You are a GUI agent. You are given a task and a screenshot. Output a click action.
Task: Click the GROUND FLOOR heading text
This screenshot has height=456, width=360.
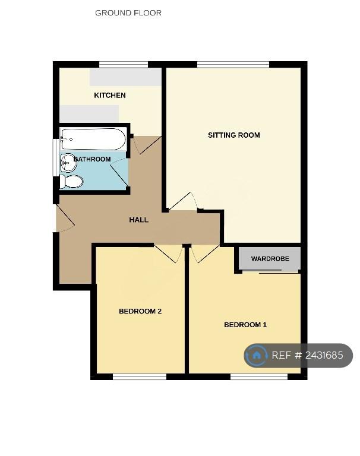coord(128,13)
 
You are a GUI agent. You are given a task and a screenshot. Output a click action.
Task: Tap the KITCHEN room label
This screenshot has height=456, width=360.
coord(110,95)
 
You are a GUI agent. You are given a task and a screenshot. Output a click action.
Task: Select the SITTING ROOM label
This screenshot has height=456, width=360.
coord(234,135)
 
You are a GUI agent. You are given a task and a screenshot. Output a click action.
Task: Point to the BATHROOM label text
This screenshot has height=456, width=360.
coord(92,159)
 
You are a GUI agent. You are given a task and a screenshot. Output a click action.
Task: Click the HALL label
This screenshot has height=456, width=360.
coord(139,220)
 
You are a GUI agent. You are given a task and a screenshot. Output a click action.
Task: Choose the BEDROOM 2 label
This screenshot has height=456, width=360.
coord(140,311)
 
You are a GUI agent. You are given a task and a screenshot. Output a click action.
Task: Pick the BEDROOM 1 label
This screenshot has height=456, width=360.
coord(245,325)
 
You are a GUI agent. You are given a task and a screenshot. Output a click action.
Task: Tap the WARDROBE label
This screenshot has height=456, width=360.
coord(270,258)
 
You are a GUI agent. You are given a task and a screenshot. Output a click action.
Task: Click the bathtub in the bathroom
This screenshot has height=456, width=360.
coord(93,140)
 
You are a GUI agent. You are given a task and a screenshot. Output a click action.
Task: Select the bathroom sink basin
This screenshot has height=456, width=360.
coord(68,163)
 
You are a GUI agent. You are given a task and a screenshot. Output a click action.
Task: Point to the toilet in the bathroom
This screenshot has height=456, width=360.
coord(71,182)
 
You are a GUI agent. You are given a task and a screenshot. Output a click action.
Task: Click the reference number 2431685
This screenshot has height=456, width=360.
coord(324,355)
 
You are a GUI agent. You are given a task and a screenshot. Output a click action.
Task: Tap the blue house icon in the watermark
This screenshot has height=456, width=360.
coord(257,355)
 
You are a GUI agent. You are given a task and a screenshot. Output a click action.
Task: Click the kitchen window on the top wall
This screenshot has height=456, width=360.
coord(124,65)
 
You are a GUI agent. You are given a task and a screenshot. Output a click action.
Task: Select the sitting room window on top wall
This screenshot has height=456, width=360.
coord(233,65)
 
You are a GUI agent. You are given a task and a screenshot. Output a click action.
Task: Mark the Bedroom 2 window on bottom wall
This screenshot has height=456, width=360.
coord(140,376)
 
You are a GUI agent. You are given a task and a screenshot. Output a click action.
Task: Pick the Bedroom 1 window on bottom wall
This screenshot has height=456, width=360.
coord(259,376)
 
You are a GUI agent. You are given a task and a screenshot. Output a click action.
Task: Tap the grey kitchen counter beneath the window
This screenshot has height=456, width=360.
coord(125,77)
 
